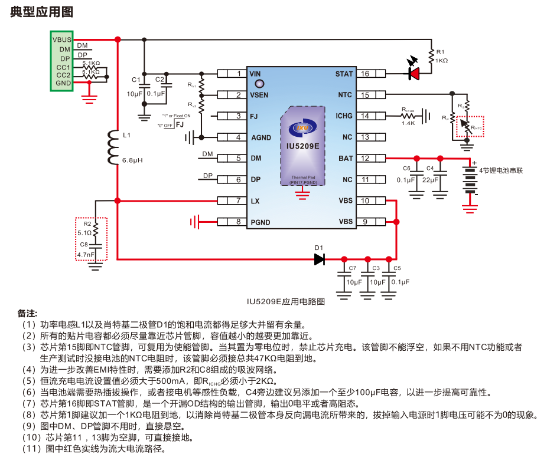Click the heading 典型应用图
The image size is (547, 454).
tap(41, 12)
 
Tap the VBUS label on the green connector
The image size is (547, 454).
tap(62, 40)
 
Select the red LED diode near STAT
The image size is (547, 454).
tap(414, 74)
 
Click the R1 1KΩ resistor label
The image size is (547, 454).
tap(441, 56)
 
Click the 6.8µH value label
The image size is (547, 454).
tap(132, 160)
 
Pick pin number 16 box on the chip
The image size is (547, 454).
tap(365, 74)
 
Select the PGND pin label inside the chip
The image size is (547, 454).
tap(260, 222)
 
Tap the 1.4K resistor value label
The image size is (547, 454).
tap(408, 123)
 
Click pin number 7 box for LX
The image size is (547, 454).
tap(238, 201)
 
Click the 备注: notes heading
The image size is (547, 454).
tap(27, 312)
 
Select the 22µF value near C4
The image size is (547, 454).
tap(430, 180)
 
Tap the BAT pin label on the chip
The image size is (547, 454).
tap(346, 159)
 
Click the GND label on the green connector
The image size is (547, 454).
tap(63, 83)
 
